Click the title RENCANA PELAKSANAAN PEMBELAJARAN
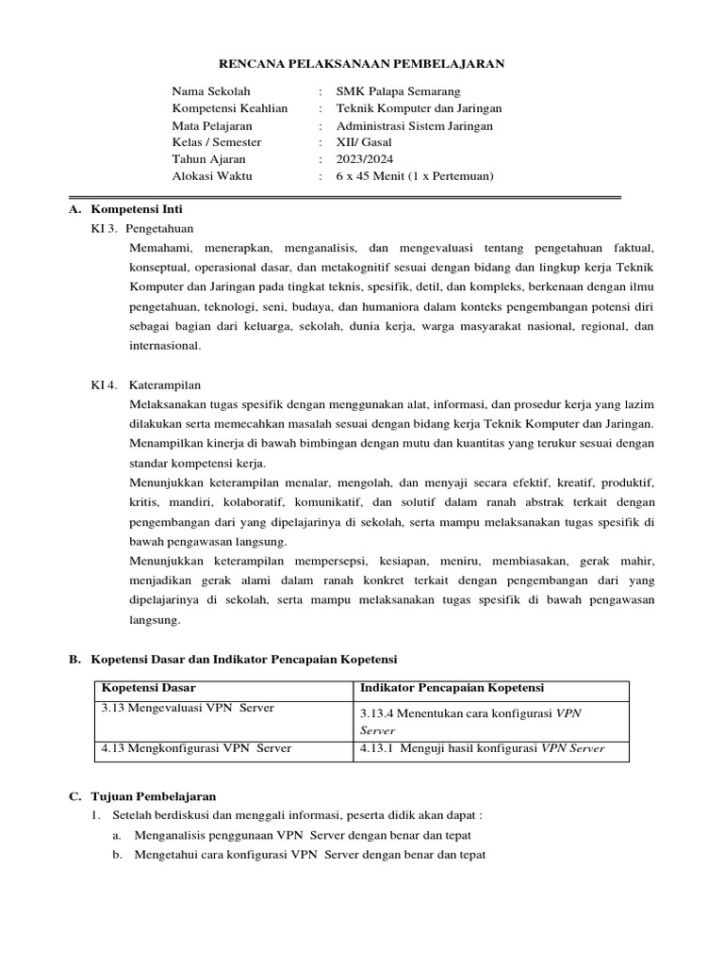click(362, 64)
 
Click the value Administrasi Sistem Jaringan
click(415, 125)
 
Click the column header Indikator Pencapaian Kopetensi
click(452, 688)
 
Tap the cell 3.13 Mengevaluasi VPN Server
click(181, 708)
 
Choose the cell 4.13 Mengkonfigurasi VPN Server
click(195, 748)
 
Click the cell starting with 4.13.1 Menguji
click(482, 749)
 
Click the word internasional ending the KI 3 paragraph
click(166, 346)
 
